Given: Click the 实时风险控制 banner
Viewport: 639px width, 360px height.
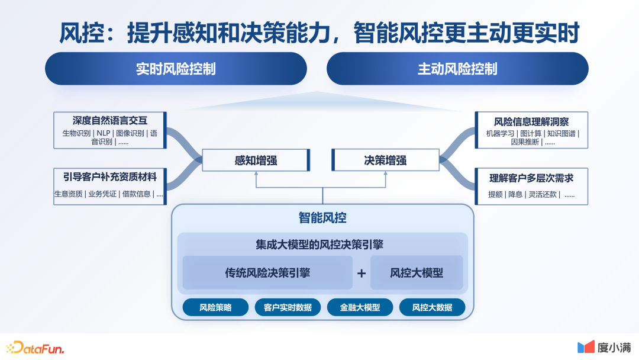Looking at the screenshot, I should [x=176, y=69].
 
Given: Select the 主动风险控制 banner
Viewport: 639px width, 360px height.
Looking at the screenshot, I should [x=457, y=69].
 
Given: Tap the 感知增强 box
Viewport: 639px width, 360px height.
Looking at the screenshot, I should [x=256, y=160].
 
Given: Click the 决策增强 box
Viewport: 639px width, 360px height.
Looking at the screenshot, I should [x=385, y=160].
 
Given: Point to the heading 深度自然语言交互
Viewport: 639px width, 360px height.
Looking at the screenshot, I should [x=110, y=120].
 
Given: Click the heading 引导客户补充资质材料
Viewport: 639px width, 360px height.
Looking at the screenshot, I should [x=110, y=176].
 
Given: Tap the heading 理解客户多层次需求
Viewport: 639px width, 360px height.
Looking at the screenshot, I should [x=531, y=178].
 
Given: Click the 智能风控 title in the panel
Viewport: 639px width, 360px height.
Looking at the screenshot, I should [x=322, y=218].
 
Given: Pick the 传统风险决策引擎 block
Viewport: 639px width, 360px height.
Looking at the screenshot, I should [x=267, y=273].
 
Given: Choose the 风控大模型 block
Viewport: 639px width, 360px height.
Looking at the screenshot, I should [x=417, y=273].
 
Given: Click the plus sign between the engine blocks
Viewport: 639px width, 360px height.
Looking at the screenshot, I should [x=362, y=274].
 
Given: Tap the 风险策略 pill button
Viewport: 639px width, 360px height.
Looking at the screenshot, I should [x=215, y=307].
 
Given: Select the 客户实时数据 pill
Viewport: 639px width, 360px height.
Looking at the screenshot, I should [x=288, y=307].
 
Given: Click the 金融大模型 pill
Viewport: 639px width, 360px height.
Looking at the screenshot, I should [x=360, y=307].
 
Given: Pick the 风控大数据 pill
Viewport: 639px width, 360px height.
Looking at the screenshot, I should [x=432, y=307].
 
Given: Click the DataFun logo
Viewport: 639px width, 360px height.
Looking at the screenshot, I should [x=35, y=347].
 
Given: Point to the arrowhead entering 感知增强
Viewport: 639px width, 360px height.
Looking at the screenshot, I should [x=256, y=174].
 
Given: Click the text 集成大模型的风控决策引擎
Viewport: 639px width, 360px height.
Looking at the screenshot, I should [x=322, y=244].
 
